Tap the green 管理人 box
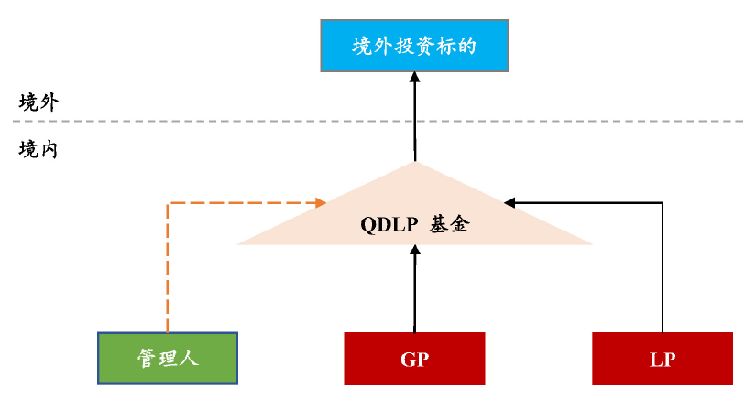[x=168, y=358]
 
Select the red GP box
[x=414, y=358]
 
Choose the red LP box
[x=662, y=358]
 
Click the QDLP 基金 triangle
[x=414, y=215]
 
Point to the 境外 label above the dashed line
[x=38, y=102]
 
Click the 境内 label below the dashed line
[x=38, y=149]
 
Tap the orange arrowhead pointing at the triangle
[x=321, y=202]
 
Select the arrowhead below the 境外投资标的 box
[x=414, y=79]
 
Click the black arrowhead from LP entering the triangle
[x=510, y=202]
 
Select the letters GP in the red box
[x=414, y=359]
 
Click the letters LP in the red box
[x=662, y=359]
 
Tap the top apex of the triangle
[x=414, y=165]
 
